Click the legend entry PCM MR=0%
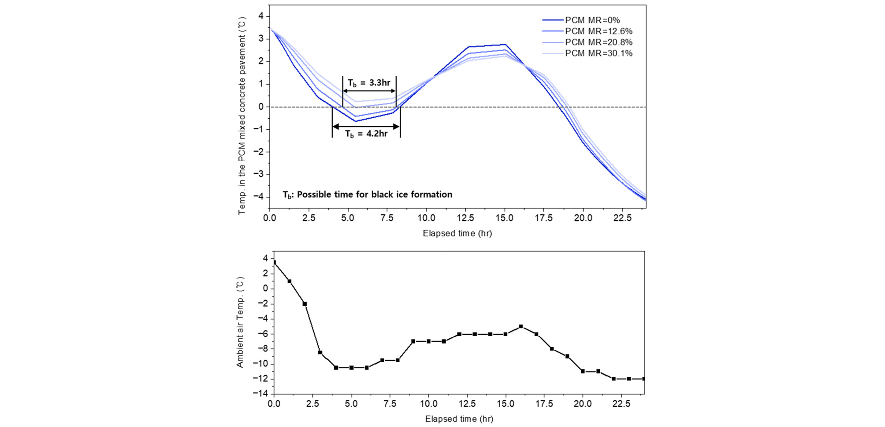pos(592,20)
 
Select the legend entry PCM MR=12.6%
pos(599,31)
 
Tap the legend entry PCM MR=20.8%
pos(599,42)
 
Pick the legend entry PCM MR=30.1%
pos(599,53)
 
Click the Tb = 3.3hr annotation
pos(369,83)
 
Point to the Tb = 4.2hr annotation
pos(366,134)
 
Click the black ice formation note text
pos(368,195)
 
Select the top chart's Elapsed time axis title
pos(457,233)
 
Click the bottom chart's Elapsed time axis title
pos(459,419)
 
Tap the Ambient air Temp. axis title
pos(240,322)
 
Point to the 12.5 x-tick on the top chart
pos(465,218)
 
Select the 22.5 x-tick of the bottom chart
pos(621,404)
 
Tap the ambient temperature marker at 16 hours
pos(521,326)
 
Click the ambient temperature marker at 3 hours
pos(320,352)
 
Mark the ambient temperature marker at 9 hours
pos(413,341)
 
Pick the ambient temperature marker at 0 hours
pos(274,262)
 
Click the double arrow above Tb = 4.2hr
pos(366,127)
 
